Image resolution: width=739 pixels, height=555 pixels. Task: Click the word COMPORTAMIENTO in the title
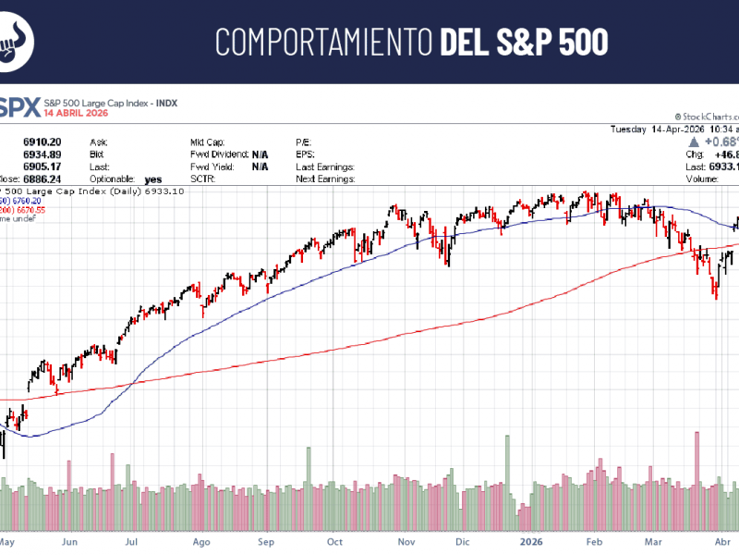pyautogui.click(x=323, y=43)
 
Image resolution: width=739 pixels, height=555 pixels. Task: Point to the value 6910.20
pyautogui.click(x=43, y=142)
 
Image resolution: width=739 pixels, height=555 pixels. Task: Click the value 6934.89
pyautogui.click(x=43, y=154)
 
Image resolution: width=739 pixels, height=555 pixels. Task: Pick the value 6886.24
pyautogui.click(x=42, y=179)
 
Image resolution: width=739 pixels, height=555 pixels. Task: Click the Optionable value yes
pyautogui.click(x=153, y=179)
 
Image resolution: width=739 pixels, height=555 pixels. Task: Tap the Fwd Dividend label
pyautogui.click(x=219, y=154)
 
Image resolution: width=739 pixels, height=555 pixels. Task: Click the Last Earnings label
pyautogui.click(x=325, y=166)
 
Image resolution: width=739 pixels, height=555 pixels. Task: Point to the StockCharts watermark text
pyautogui.click(x=706, y=117)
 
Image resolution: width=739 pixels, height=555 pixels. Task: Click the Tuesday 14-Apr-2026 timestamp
pyautogui.click(x=674, y=129)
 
